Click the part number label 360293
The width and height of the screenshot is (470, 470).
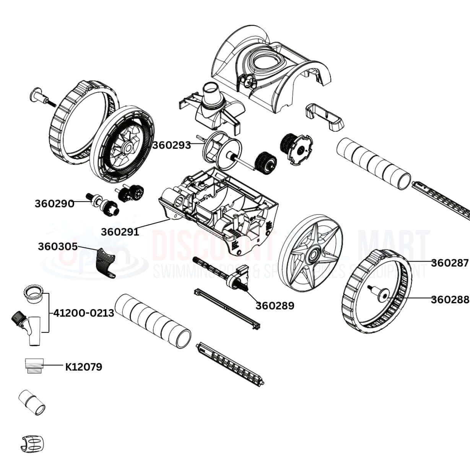[171, 145]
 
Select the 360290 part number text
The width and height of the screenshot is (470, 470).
[54, 203]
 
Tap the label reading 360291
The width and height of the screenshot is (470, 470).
[120, 231]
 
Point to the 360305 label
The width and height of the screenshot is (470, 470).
[57, 247]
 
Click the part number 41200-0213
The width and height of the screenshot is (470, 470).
[84, 313]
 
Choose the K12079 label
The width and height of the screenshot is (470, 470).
[83, 367]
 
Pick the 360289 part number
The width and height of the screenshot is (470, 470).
[275, 306]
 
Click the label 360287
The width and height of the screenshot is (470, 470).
[450, 263]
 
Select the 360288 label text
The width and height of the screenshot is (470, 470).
[450, 299]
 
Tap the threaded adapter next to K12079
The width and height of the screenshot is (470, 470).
[33, 367]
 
